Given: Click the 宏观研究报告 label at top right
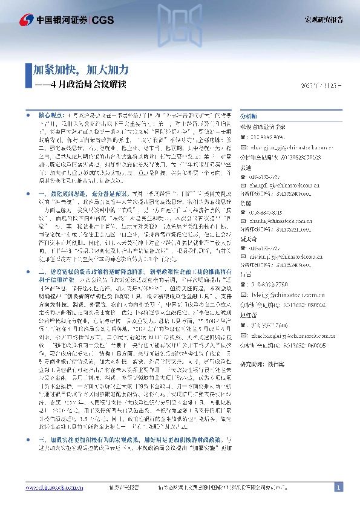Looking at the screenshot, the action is click(x=322, y=20).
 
